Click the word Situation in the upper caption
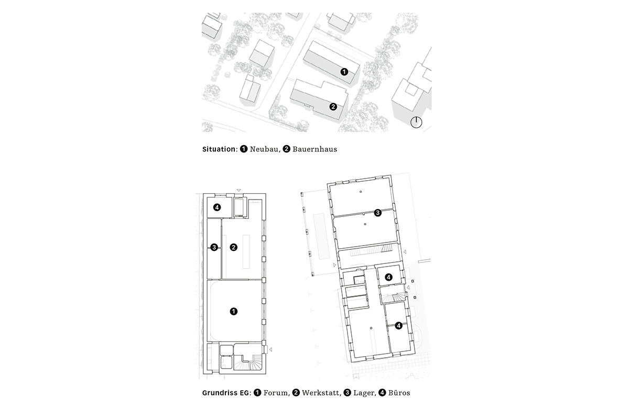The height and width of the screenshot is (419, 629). click(x=219, y=149)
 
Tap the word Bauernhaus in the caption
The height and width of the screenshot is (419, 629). click(x=314, y=149)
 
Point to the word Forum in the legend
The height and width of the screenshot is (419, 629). click(x=276, y=392)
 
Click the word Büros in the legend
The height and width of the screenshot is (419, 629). click(x=399, y=392)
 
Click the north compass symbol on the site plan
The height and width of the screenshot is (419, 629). click(x=417, y=123)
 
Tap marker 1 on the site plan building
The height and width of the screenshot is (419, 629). click(x=344, y=71)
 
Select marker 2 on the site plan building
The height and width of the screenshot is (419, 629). click(x=333, y=106)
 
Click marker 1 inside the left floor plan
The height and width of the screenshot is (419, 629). click(x=234, y=311)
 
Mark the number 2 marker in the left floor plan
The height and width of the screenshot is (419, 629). click(x=234, y=247)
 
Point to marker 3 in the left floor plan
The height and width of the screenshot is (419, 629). click(x=214, y=247)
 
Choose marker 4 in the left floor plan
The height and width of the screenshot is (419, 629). click(x=217, y=207)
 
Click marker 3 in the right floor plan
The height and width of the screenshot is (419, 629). click(x=377, y=213)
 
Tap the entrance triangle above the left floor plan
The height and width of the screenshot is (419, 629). click(x=238, y=190)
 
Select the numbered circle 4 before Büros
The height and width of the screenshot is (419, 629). click(x=382, y=392)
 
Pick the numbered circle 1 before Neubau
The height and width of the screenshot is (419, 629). click(x=244, y=149)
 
